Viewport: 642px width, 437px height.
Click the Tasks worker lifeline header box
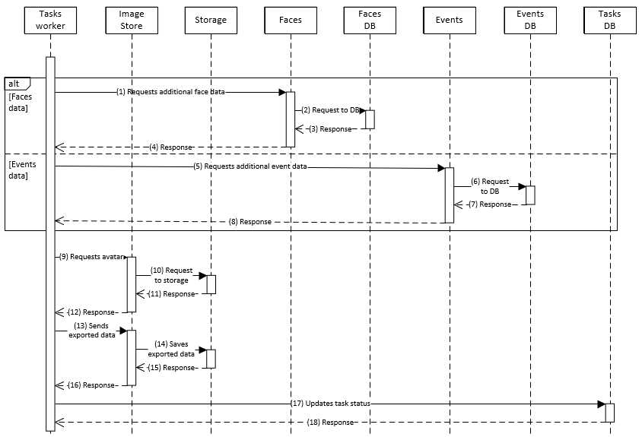pyautogui.click(x=50, y=20)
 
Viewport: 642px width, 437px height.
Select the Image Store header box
pyautogui.click(x=132, y=20)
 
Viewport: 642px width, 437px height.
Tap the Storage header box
pyautogui.click(x=211, y=20)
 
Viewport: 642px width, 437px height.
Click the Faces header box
pyautogui.click(x=290, y=20)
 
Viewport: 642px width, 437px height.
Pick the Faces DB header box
pyautogui.click(x=370, y=20)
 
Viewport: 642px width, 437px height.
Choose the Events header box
pyautogui.click(x=449, y=20)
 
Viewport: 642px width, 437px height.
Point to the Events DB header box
pyautogui.click(x=529, y=20)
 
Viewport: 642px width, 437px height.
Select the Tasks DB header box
pyautogui.click(x=609, y=20)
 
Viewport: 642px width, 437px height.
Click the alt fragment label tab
pyautogui.click(x=17, y=83)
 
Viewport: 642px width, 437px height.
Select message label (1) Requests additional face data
pyautogui.click(x=170, y=91)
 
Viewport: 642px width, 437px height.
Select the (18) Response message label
pyautogui.click(x=330, y=422)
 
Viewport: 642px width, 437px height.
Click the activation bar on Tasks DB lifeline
pyautogui.click(x=609, y=412)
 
